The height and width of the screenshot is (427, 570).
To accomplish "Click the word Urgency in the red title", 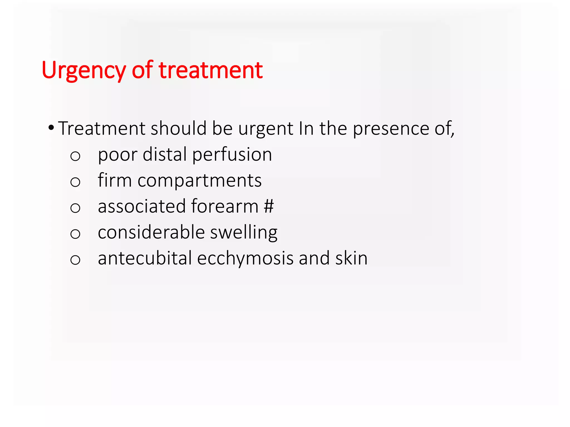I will [x=83, y=70].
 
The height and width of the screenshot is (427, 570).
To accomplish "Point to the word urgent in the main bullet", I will [x=266, y=129].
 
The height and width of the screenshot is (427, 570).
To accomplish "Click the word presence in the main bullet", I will [x=391, y=129].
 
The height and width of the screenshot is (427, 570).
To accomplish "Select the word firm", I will [x=115, y=180].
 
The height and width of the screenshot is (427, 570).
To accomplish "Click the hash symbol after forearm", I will [x=269, y=206].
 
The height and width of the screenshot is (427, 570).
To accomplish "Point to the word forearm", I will [x=225, y=206].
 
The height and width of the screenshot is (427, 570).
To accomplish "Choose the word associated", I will [x=142, y=206].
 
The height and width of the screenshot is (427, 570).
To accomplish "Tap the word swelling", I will [x=244, y=233].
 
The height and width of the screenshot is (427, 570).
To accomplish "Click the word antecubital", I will [x=145, y=258].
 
